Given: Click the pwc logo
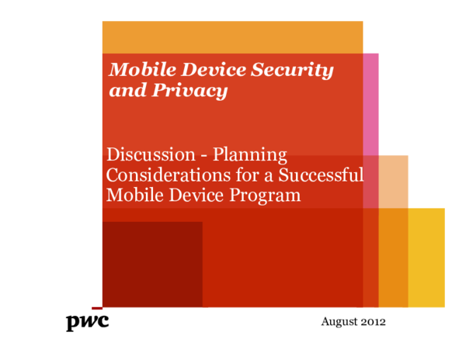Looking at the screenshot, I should (87, 322).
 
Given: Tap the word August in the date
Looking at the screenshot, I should (339, 321).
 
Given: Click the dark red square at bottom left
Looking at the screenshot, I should (152, 264).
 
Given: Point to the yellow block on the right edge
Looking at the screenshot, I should (427, 256).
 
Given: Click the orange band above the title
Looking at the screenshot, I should (233, 36).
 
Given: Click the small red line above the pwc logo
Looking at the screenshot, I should (96, 308).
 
